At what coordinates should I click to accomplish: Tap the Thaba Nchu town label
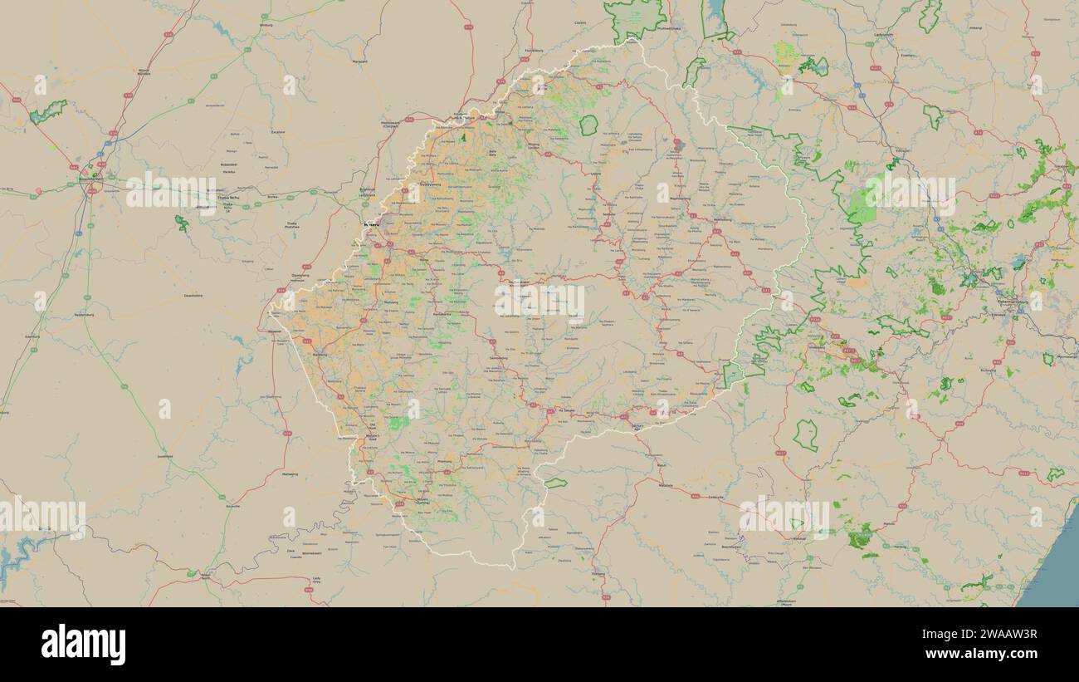[226, 198]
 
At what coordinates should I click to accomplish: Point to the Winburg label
[266, 25]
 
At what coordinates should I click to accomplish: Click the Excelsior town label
[278, 131]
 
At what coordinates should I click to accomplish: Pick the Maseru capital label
[372, 224]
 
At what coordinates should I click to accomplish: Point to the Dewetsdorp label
[193, 295]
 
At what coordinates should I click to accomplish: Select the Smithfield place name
[164, 456]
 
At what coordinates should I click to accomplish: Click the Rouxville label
[233, 505]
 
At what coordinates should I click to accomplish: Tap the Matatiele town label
[666, 485]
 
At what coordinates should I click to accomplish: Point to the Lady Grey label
[316, 581]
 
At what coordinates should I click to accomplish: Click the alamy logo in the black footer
[83, 645]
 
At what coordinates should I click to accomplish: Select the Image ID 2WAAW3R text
[993, 635]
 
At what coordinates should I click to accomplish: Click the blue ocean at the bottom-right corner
[1057, 573]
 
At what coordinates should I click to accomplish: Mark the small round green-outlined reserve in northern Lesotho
[588, 125]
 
